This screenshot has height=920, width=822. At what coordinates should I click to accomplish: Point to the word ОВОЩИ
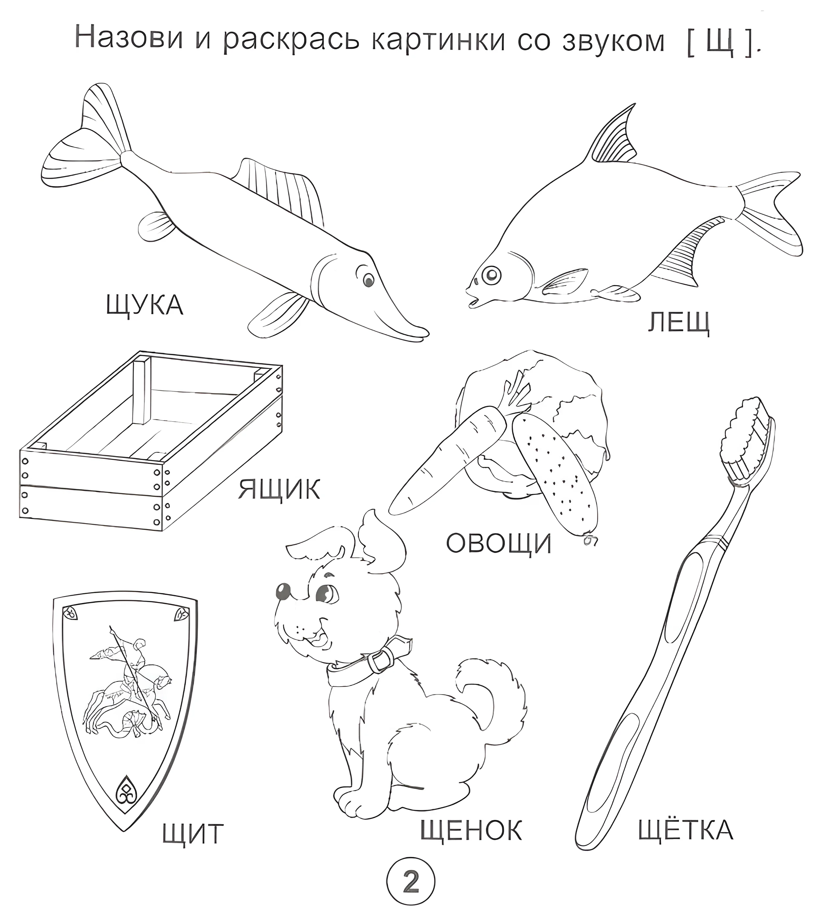tap(498, 543)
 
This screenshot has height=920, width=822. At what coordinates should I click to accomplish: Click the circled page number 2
tap(411, 882)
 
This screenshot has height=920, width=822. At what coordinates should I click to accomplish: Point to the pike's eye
tap(369, 280)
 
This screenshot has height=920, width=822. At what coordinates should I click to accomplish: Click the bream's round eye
tap(492, 274)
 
